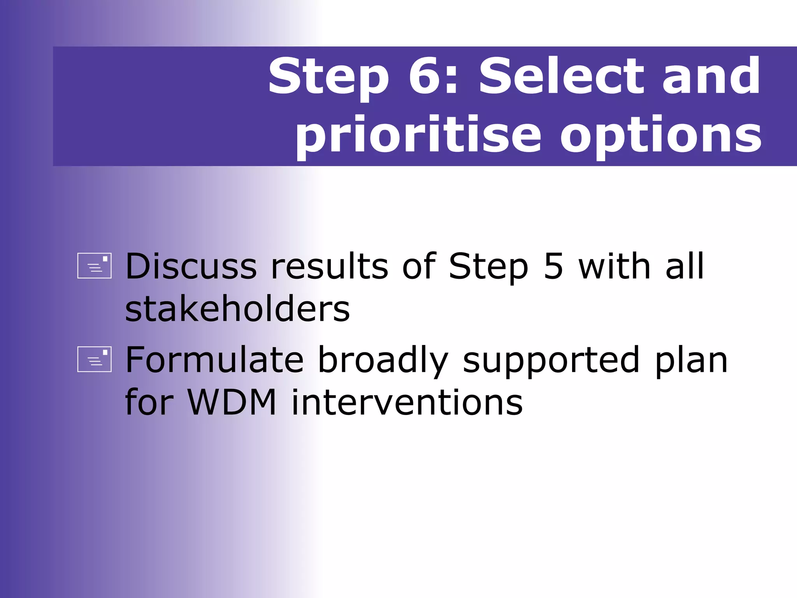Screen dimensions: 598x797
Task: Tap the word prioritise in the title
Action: (x=418, y=135)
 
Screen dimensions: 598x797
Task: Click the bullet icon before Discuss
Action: (x=95, y=266)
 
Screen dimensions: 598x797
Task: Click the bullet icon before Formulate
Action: (x=95, y=359)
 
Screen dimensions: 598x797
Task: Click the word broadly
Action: (x=383, y=361)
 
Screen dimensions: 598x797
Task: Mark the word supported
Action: (x=551, y=361)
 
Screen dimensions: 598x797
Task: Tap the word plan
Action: (x=691, y=361)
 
